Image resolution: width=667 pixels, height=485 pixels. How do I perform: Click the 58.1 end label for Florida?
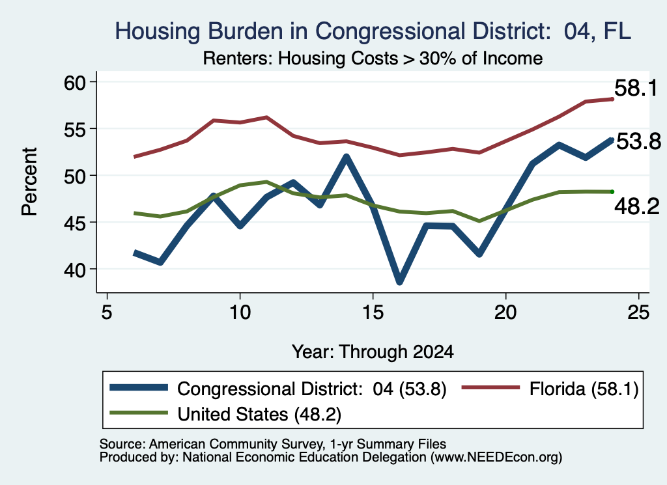[x=636, y=89]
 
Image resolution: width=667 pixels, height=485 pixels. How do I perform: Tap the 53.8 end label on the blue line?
[x=638, y=141]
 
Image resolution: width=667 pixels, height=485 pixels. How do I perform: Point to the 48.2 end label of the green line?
[x=637, y=207]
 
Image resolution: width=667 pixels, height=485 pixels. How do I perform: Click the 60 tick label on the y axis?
[x=75, y=83]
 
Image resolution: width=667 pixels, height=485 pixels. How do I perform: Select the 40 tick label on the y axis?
[x=75, y=270]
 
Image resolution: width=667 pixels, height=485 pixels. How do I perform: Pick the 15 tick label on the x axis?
[x=373, y=313]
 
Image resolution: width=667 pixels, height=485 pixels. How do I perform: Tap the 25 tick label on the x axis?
[x=638, y=313]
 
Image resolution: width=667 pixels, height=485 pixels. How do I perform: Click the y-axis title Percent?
[x=30, y=182]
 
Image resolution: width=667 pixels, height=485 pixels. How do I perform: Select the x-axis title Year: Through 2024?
[x=373, y=352]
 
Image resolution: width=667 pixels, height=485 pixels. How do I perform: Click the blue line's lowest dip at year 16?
[x=399, y=281]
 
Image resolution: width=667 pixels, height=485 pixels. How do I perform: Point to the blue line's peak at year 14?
[x=347, y=158]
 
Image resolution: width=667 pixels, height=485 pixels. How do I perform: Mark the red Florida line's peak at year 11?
[x=266, y=117]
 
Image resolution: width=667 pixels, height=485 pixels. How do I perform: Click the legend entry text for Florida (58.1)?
[x=584, y=389]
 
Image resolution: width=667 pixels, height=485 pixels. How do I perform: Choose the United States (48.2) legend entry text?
[x=259, y=415]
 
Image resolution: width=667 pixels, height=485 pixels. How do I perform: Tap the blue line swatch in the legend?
[x=139, y=387]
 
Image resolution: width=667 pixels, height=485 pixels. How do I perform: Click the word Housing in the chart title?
[x=158, y=32]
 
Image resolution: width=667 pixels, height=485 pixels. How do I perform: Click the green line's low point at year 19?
[x=479, y=221]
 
